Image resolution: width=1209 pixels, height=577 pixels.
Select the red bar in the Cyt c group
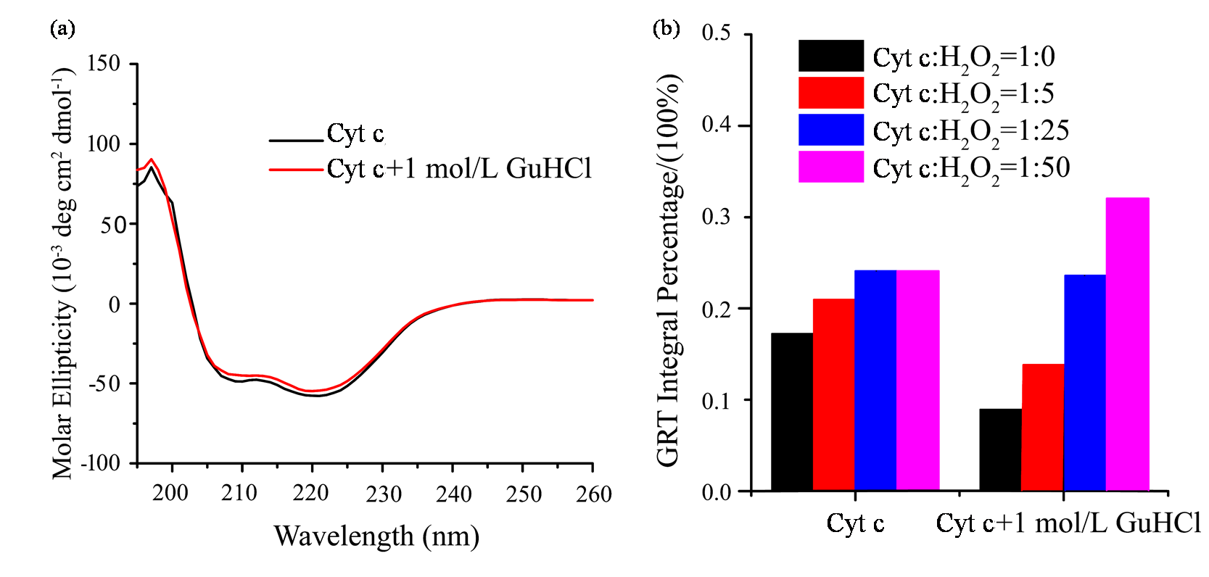tap(833, 395)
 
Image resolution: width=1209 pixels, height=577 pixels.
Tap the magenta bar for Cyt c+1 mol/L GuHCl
tap(1127, 344)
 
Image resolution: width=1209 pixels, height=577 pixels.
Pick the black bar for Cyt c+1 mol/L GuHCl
tap(1000, 450)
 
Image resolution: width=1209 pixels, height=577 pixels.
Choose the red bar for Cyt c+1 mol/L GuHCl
tap(1043, 428)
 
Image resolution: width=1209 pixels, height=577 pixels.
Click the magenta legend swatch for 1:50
tap(831, 167)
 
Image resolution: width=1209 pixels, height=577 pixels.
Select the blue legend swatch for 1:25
tap(831, 130)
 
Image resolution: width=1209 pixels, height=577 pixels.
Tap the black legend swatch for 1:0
tap(831, 56)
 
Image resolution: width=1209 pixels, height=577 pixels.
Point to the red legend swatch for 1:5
tap(831, 93)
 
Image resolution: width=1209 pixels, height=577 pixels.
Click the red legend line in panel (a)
tap(296, 170)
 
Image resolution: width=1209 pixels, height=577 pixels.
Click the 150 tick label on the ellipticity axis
tap(104, 64)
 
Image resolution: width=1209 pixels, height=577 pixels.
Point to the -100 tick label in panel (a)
tap(99, 462)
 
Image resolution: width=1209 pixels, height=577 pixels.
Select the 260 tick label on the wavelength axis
tap(593, 494)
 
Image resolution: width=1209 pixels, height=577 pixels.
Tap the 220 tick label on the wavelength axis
tap(311, 494)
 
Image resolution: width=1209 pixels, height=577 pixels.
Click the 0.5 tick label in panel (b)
tap(716, 33)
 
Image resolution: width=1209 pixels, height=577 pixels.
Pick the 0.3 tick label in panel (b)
tap(716, 217)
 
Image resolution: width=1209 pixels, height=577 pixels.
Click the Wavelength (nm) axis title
tap(376, 536)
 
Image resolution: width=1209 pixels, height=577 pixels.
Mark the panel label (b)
tap(666, 28)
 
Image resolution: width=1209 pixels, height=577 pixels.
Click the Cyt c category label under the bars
tap(855, 523)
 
